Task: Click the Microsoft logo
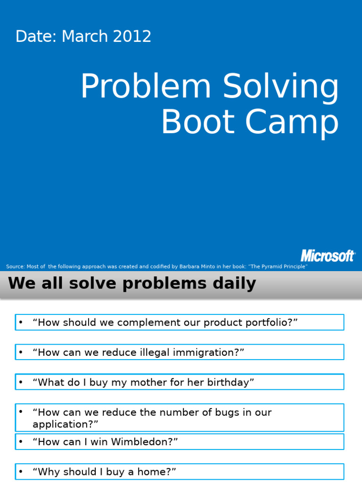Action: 328,256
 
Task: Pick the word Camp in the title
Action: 296,123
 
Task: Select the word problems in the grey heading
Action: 163,283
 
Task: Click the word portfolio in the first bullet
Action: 272,323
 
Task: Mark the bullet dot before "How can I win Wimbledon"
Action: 21,442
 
